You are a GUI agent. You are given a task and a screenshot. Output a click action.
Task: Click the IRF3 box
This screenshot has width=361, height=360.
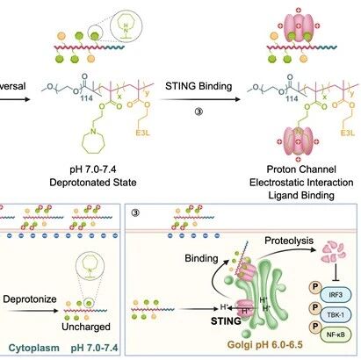[x=336, y=294]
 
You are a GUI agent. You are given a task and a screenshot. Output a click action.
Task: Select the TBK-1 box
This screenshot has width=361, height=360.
[x=336, y=314]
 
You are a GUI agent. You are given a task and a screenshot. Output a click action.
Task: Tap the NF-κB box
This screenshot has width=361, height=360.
[x=336, y=334]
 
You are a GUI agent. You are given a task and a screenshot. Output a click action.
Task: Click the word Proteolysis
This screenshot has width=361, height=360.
[x=289, y=241]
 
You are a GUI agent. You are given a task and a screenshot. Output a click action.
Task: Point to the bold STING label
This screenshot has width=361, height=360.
[x=226, y=320]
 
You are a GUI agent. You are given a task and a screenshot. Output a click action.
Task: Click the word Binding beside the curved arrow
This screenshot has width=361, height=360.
[x=201, y=258]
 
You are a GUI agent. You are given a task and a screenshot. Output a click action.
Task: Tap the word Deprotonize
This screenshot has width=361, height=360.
[x=30, y=299]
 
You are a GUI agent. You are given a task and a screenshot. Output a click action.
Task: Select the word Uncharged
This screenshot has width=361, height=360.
[x=86, y=327]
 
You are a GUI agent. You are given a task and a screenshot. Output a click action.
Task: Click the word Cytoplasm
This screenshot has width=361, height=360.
[x=34, y=348]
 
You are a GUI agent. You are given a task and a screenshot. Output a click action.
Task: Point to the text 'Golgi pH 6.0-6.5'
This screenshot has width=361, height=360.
[x=265, y=344]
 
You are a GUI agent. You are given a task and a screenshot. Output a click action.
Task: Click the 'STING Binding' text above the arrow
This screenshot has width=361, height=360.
[x=199, y=86]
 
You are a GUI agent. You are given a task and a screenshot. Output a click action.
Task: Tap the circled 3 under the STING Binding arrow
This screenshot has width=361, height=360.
[x=199, y=112]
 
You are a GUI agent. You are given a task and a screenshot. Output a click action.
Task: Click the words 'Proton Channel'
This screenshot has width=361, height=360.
[x=301, y=169]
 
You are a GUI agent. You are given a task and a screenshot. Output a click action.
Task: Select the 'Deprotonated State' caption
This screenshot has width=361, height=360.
[x=93, y=183]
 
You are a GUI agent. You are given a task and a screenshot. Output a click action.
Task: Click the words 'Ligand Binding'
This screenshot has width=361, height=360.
[x=301, y=195]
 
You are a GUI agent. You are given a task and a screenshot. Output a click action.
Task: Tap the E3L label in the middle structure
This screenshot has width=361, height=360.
[x=142, y=133]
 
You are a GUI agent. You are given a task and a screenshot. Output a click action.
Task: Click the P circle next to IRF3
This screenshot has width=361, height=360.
[x=315, y=286]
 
